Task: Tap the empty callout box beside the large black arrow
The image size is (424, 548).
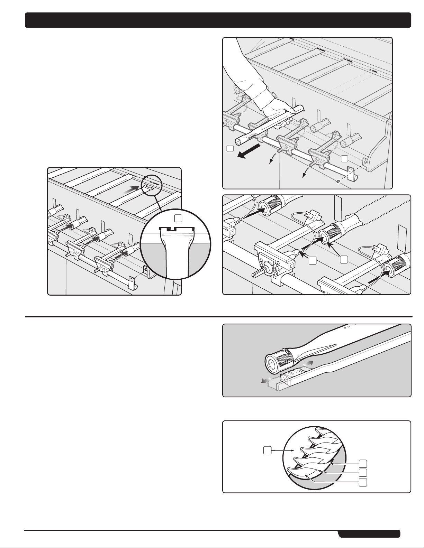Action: pyautogui.click(x=230, y=148)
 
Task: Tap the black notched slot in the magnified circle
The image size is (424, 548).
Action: pyautogui.click(x=177, y=228)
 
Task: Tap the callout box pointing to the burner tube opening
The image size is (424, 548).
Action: pyautogui.click(x=344, y=259)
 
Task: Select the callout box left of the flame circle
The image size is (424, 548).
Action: pyautogui.click(x=267, y=450)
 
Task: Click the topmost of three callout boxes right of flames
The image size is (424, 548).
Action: pyautogui.click(x=363, y=463)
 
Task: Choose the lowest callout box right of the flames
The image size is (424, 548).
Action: pyautogui.click(x=363, y=482)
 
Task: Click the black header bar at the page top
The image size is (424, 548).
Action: pyautogui.click(x=218, y=20)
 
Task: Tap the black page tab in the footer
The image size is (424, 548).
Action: pyautogui.click(x=369, y=534)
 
